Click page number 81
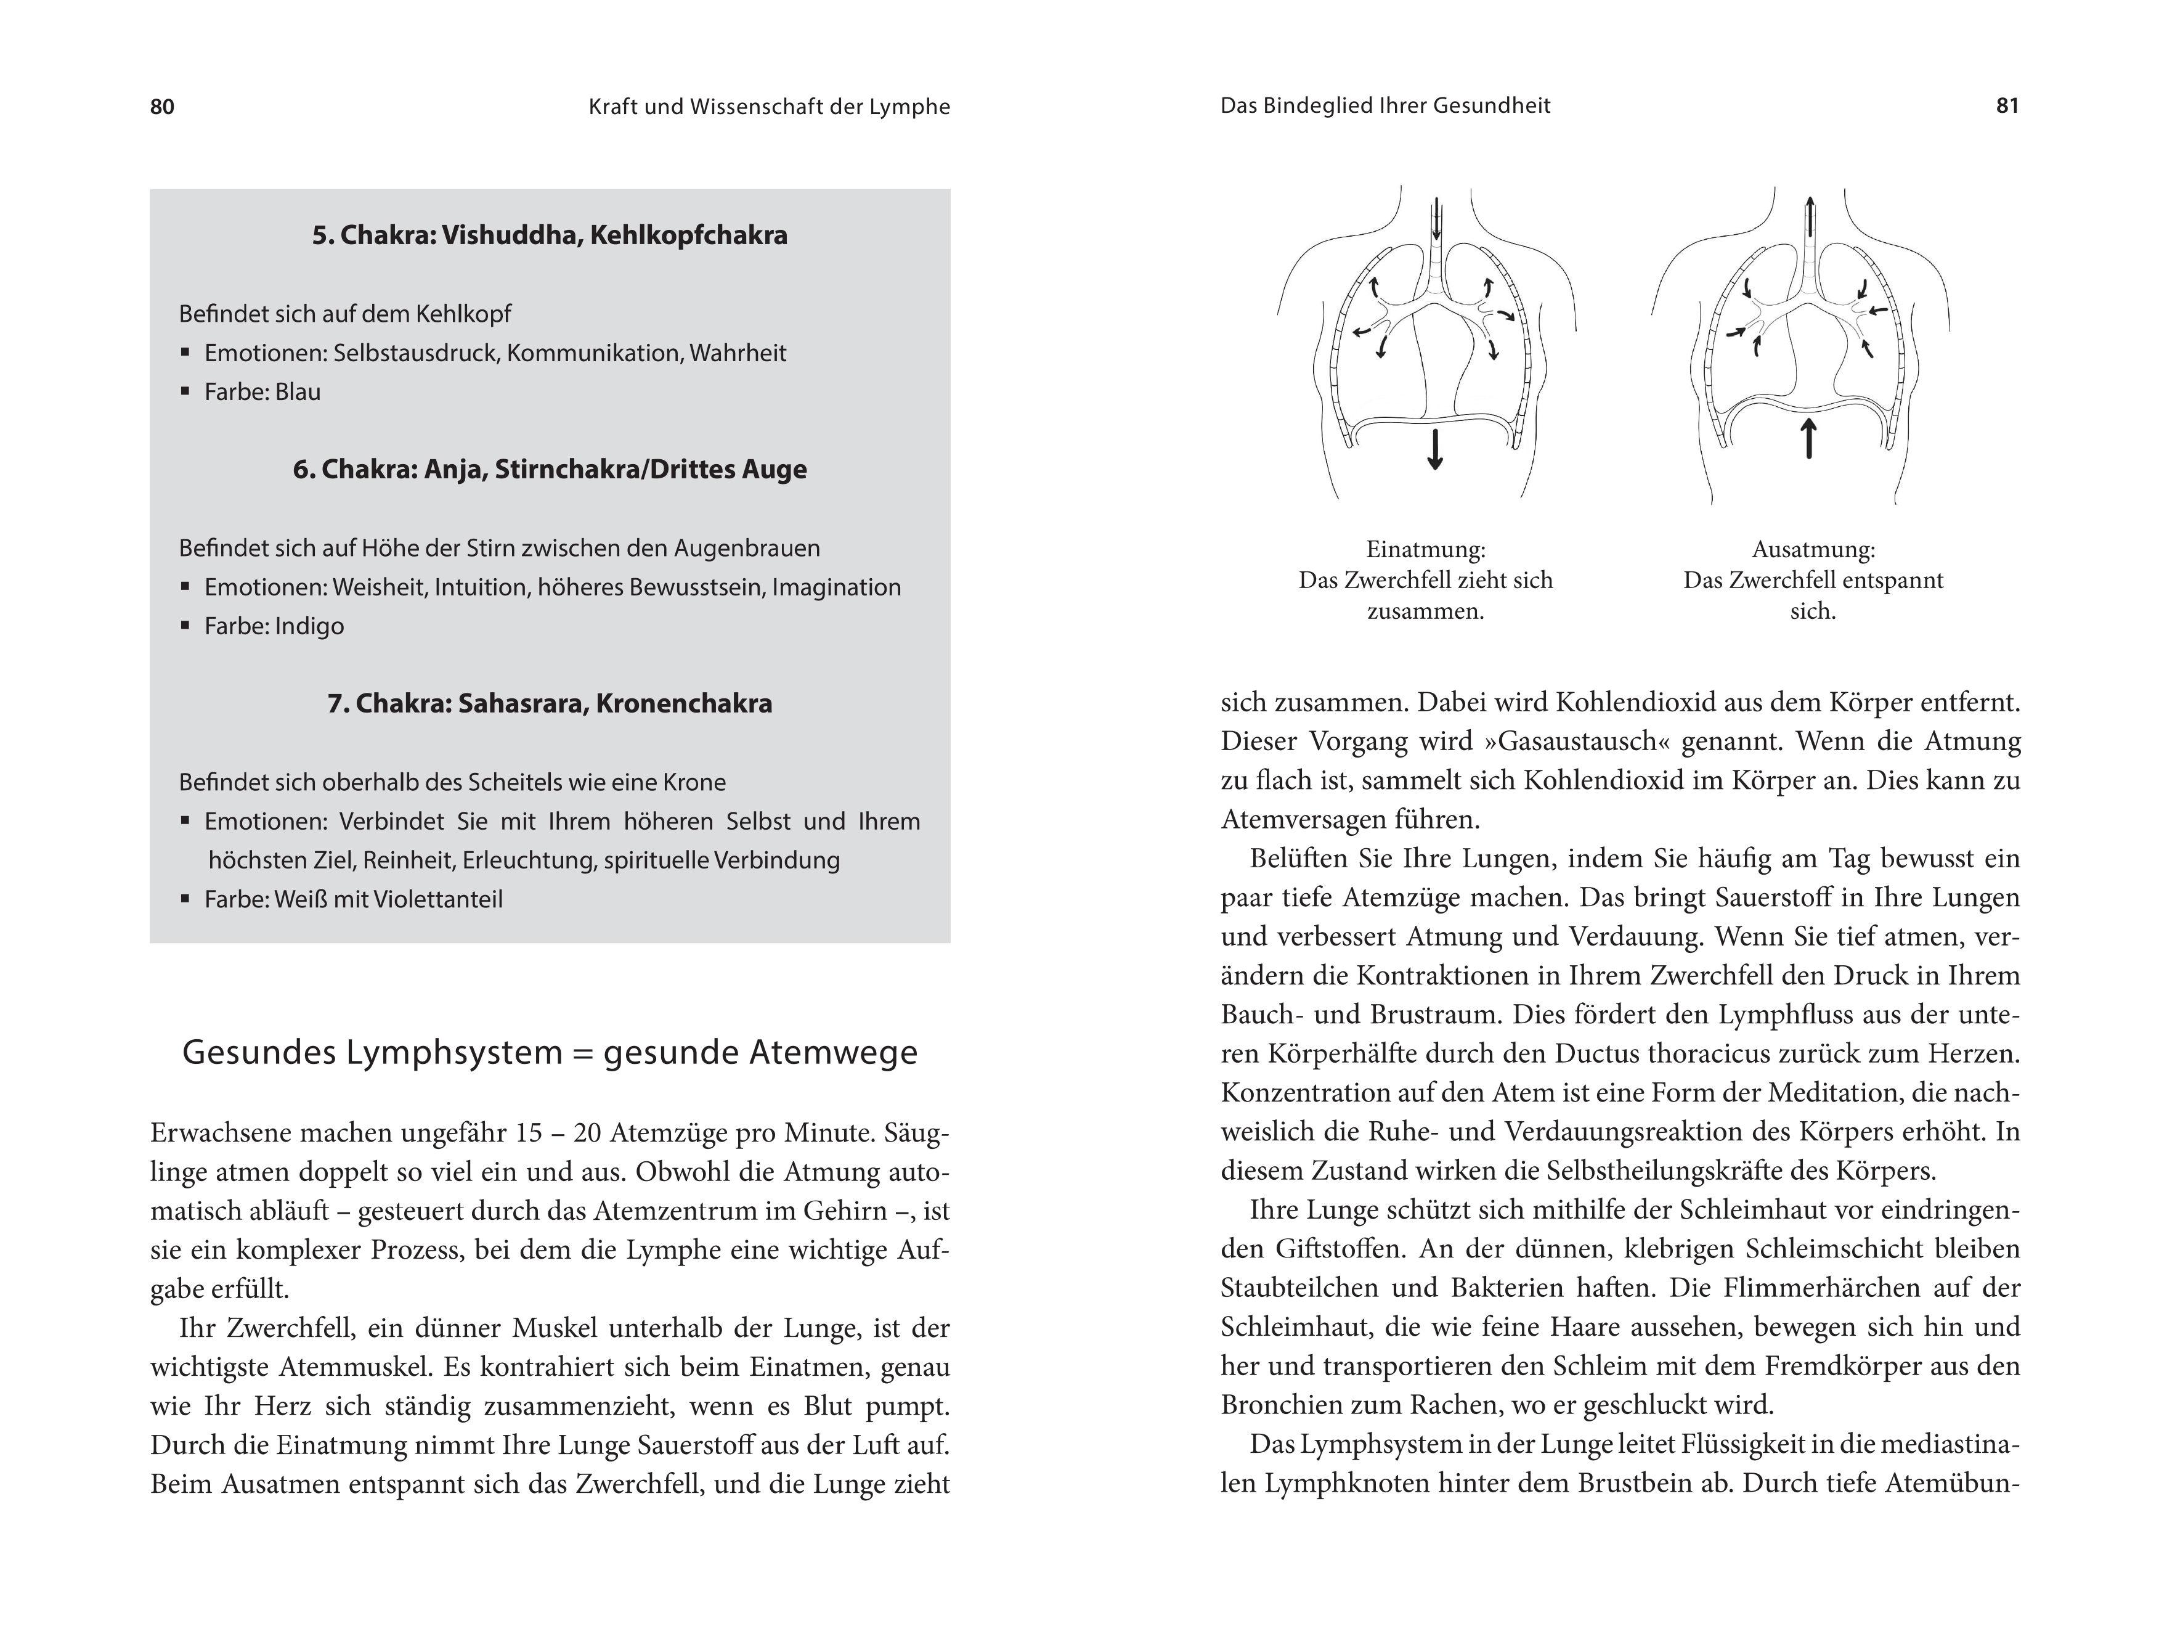[2007, 106]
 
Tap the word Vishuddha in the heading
[501, 235]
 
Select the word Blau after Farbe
[298, 392]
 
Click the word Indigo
[310, 626]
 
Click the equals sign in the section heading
[583, 1053]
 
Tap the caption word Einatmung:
[1425, 549]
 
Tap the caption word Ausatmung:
[1813, 549]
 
